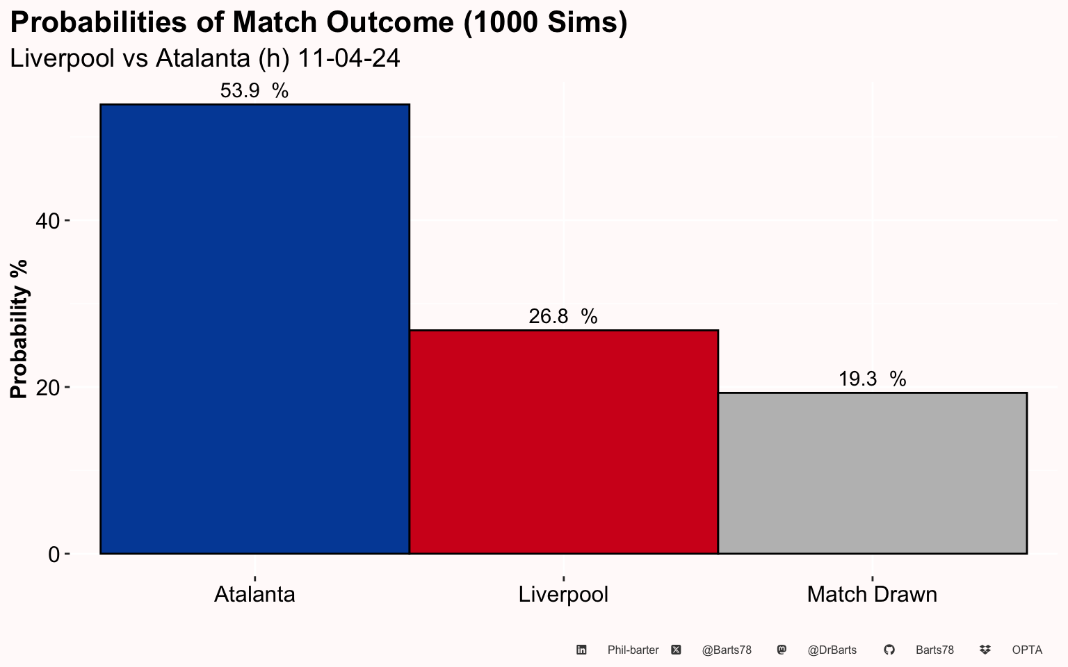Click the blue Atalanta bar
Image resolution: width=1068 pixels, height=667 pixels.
[x=254, y=329]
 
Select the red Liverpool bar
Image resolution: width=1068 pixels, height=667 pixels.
[x=564, y=442]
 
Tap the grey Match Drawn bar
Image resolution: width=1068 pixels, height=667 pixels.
[x=873, y=473]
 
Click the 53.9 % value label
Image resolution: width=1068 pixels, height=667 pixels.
[x=254, y=90]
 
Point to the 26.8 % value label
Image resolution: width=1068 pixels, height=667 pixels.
[x=563, y=316]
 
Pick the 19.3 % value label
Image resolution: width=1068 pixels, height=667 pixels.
[x=872, y=379]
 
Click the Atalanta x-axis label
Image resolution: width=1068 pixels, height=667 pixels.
[x=254, y=595]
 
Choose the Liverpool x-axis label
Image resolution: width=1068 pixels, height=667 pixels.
[x=563, y=595]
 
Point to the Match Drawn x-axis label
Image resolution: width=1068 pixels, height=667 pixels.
[x=872, y=595]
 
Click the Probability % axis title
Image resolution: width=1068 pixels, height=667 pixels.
[x=19, y=329]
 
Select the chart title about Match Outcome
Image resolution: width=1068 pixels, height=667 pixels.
[x=318, y=23]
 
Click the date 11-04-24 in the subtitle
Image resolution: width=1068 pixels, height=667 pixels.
[x=348, y=58]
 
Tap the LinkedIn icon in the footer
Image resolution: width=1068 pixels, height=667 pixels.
[x=581, y=650]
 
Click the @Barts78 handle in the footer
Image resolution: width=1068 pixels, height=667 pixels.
[x=727, y=650]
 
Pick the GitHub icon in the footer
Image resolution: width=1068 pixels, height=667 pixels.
[x=889, y=650]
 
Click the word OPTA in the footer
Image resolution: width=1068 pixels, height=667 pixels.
[x=1027, y=650]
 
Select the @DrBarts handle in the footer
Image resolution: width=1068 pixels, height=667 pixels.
[x=832, y=650]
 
